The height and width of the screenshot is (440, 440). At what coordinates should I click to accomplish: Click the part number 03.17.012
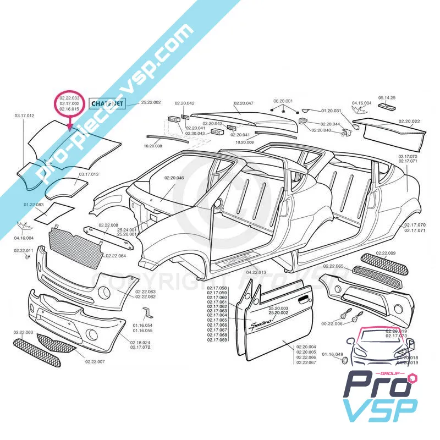(24, 116)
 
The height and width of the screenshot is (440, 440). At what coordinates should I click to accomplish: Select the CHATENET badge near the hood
(107, 103)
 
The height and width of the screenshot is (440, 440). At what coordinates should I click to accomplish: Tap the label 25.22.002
(151, 103)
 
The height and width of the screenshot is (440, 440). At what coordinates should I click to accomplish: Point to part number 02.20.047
(243, 103)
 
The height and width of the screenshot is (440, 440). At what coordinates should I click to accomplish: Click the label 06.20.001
(283, 101)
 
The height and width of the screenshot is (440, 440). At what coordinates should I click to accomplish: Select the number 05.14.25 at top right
(386, 97)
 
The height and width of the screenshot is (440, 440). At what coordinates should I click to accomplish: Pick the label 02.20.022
(409, 121)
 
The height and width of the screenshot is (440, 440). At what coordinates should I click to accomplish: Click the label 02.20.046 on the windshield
(174, 178)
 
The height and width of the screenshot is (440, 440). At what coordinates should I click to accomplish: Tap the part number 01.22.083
(33, 205)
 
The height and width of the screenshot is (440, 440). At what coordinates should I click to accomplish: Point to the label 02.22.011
(24, 250)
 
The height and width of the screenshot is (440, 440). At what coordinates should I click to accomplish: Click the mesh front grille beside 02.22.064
(76, 243)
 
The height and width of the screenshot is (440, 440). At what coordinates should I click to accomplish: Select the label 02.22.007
(95, 361)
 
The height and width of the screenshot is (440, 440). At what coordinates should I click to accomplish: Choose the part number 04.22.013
(256, 272)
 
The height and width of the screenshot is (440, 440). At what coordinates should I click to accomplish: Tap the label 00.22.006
(331, 324)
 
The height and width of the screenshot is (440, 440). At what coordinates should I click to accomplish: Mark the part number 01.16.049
(332, 355)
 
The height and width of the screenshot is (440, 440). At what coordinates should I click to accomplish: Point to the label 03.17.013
(89, 174)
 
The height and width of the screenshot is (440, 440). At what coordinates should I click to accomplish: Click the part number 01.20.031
(332, 111)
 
